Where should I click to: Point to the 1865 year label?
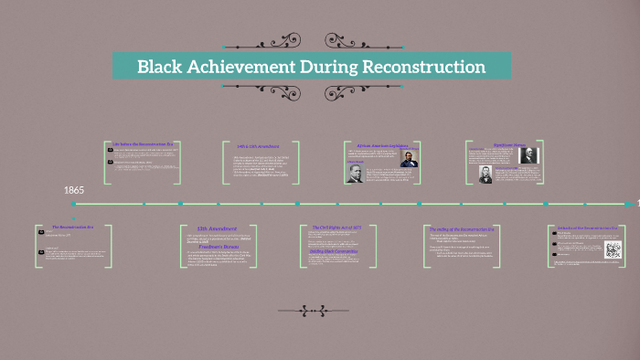coord(74,190)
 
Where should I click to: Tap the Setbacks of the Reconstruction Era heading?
coord(588,227)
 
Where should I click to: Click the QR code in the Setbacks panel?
coord(613,250)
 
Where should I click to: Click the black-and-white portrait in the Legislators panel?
coord(355,174)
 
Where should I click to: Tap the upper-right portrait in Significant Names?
coord(529,155)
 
